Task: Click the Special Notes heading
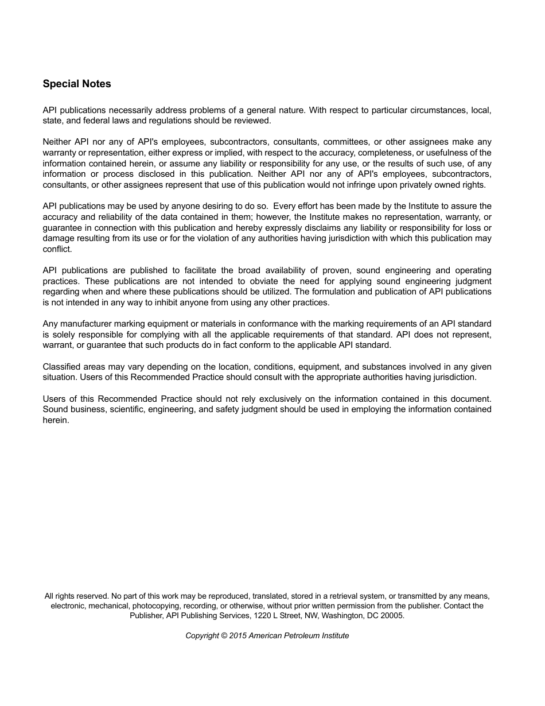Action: click(x=77, y=84)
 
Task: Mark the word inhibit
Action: click(x=172, y=302)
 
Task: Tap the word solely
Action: click(x=64, y=335)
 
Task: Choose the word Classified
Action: click(x=62, y=367)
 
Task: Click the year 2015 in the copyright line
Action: click(x=238, y=635)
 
